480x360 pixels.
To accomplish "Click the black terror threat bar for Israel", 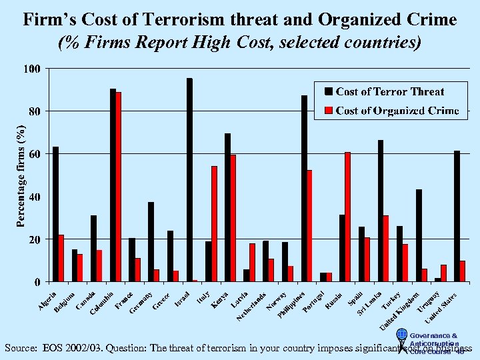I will point(189,180).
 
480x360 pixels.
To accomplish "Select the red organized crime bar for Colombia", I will point(119,187).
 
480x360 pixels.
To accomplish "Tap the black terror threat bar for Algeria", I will point(55,214).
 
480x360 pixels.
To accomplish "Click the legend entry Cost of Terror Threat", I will point(390,91).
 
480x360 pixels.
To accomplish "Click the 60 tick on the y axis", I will point(34,154).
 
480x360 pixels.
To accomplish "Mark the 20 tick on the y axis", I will point(34,239).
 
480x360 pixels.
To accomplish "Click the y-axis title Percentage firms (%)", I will point(21,175).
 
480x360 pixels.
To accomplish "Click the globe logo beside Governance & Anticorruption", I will point(401,335).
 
